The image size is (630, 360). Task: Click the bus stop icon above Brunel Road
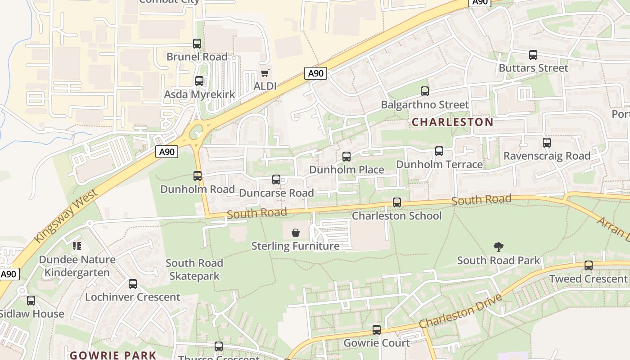197,44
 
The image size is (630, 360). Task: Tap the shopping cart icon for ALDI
265,73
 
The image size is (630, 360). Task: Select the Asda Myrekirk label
199,94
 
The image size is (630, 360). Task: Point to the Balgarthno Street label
424,105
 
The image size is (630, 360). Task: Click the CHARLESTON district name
452,122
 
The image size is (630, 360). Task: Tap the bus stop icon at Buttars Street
533,55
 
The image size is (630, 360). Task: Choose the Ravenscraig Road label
547,156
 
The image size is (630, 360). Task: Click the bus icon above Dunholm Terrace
439,151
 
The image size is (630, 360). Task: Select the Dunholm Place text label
346,170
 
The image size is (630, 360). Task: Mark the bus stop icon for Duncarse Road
276,180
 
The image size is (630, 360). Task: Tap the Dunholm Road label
198,189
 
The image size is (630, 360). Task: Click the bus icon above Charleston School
396,202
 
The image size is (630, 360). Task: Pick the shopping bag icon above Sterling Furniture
296,233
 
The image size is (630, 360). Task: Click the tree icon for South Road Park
498,247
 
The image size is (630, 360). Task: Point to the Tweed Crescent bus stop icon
588,265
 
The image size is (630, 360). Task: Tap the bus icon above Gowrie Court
377,330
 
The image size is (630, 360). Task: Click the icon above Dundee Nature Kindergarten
77,246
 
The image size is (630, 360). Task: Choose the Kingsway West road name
66,216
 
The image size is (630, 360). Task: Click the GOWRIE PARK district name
113,355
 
